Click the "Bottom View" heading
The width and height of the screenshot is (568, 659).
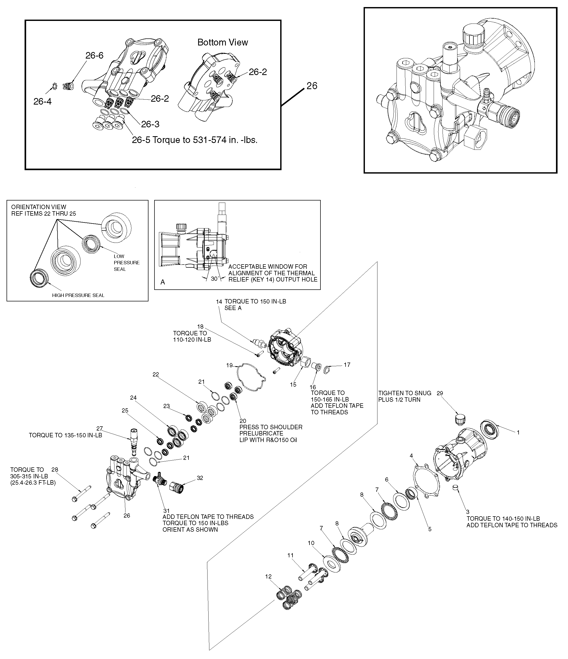pyautogui.click(x=223, y=42)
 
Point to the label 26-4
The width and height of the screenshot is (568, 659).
pyautogui.click(x=42, y=101)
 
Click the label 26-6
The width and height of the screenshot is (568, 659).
pyautogui.click(x=94, y=55)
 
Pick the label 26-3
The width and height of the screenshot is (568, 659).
pyautogui.click(x=150, y=124)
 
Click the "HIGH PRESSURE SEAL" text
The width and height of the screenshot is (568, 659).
pyautogui.click(x=78, y=295)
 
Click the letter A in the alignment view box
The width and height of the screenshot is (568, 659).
pyautogui.click(x=163, y=282)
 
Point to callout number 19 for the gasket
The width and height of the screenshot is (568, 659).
pyautogui.click(x=229, y=365)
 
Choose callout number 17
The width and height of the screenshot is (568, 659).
pyautogui.click(x=347, y=365)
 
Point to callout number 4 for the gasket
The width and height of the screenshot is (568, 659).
pyautogui.click(x=411, y=456)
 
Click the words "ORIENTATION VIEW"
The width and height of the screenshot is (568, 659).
pyautogui.click(x=39, y=207)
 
